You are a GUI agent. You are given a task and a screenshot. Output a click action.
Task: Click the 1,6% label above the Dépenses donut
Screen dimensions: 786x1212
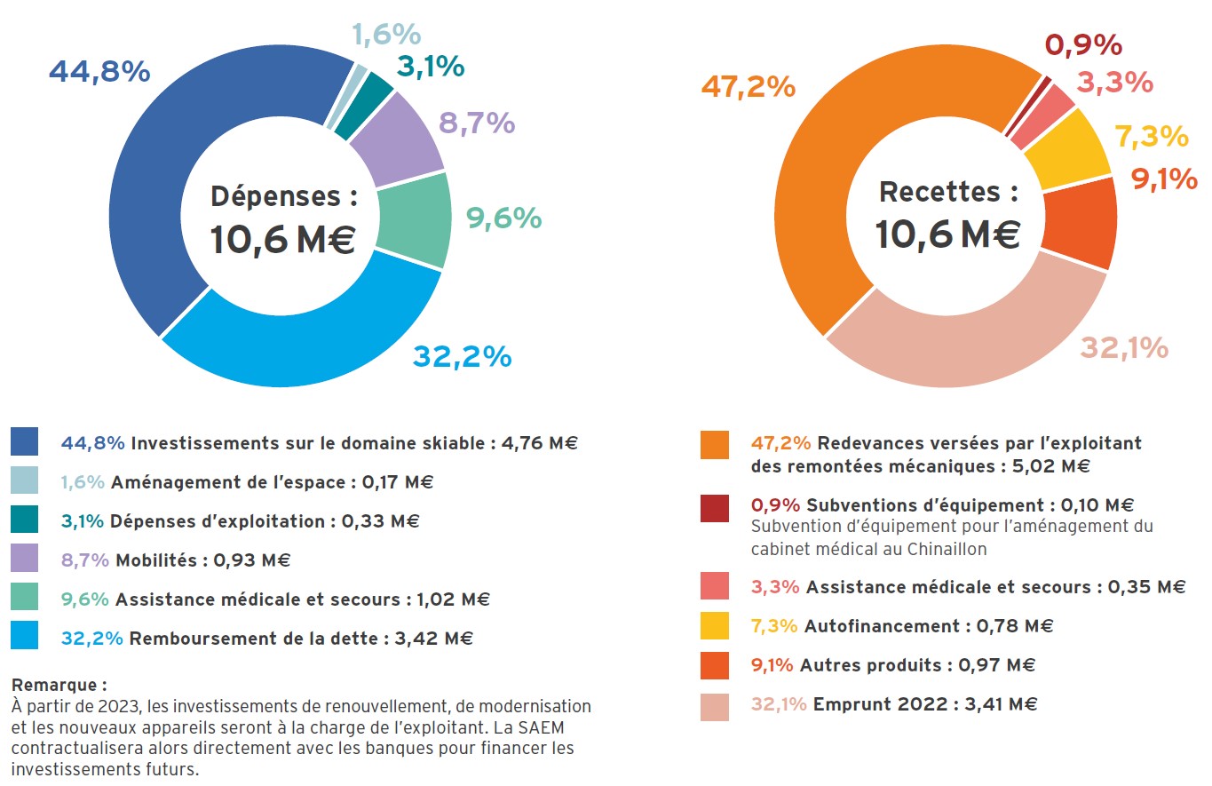[386, 35]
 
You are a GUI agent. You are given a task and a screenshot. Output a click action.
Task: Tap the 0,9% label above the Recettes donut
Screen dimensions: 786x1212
[1083, 44]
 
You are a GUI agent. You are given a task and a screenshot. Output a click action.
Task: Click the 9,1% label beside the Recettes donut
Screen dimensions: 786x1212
[1164, 180]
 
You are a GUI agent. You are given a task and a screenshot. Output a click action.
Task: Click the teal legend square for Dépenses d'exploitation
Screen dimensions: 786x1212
[24, 520]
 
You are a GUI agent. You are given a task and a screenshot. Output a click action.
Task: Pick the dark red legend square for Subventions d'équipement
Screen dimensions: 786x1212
[714, 508]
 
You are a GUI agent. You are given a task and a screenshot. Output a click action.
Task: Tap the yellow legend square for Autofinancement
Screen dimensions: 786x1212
[714, 626]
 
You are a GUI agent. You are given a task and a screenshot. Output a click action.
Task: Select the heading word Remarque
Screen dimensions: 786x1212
[56, 685]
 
